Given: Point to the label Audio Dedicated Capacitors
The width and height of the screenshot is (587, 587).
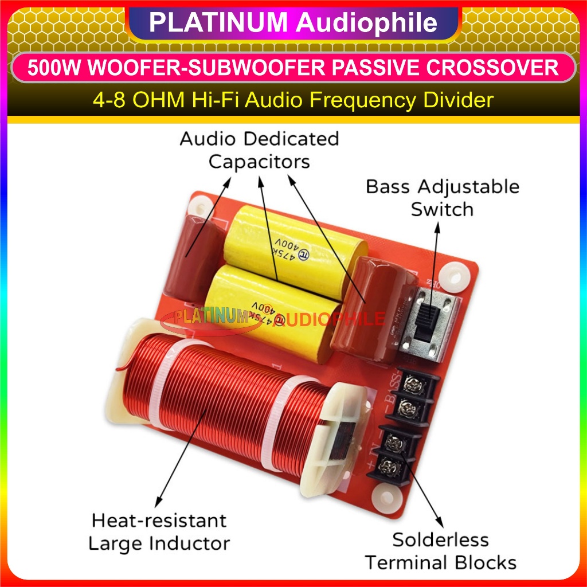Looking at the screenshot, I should tap(259, 150).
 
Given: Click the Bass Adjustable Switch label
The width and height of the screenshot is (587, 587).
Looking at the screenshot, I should tap(443, 198).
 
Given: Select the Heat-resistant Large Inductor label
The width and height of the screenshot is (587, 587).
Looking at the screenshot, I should tap(159, 531).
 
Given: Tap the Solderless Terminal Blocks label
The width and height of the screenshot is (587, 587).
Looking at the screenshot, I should tap(441, 551).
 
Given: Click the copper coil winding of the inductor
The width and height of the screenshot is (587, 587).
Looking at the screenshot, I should tap(229, 401).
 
